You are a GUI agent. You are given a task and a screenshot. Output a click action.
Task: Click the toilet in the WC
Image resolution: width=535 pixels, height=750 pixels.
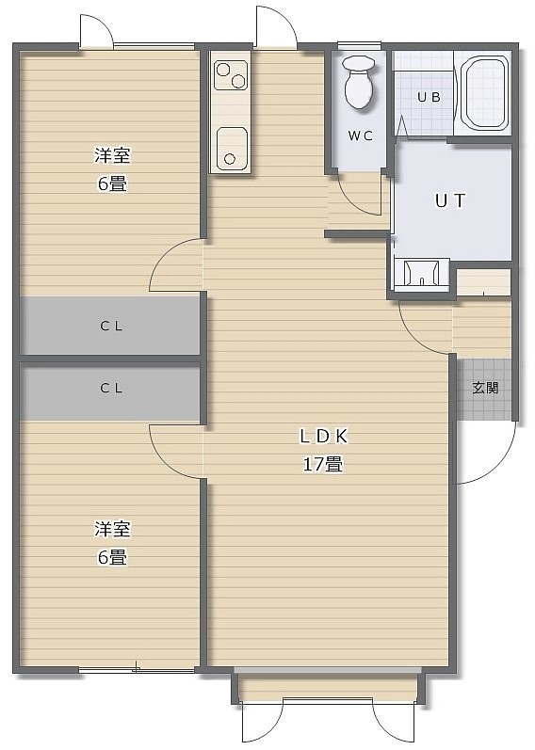point(359,81)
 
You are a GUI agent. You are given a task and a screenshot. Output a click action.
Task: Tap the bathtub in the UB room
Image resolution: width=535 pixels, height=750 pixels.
point(484,93)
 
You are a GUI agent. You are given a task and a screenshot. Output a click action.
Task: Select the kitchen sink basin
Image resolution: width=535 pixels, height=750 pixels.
point(232,149)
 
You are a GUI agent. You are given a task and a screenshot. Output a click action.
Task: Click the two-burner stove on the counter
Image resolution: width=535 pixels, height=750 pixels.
point(231,75)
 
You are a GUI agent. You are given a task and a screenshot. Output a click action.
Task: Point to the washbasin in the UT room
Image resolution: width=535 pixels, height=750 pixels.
point(421,274)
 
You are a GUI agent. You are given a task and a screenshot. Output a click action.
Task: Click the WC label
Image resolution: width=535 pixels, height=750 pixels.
point(360,136)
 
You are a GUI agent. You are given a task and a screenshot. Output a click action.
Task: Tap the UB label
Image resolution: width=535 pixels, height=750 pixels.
point(429,97)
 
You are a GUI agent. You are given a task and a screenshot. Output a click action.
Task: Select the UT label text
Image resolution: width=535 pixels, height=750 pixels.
point(449,200)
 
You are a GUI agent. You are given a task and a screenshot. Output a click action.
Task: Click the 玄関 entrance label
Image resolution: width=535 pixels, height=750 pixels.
point(485,388)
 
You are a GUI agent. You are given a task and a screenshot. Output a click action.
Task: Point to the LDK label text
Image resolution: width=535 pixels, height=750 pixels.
point(323,436)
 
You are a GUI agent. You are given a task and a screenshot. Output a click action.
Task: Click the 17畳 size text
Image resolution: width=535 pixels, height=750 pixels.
point(323,464)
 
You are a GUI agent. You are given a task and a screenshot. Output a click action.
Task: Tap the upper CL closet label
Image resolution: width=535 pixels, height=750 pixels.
point(111,327)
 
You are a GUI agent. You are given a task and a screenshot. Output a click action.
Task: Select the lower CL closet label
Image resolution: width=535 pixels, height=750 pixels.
point(111,388)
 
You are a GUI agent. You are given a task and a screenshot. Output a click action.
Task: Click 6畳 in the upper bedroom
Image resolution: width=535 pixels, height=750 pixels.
point(112,184)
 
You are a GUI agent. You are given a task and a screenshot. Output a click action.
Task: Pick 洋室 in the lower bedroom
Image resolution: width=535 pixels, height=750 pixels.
point(112,529)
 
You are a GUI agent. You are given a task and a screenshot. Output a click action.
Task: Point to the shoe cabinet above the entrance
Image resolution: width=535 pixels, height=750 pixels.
point(483,283)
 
